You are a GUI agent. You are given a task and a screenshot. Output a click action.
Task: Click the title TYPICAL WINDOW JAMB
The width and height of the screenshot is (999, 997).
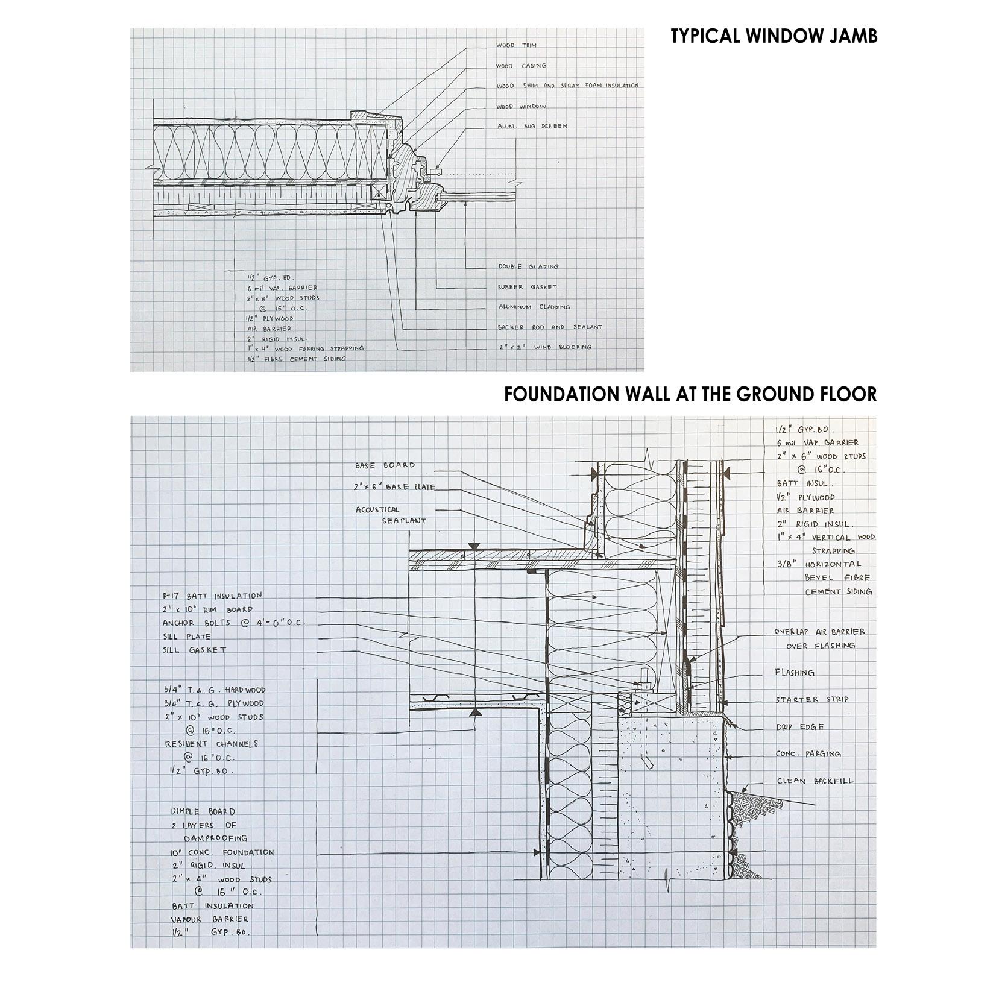(x=774, y=36)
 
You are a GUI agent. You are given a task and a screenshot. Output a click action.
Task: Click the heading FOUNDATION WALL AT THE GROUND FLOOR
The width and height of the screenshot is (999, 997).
(x=690, y=394)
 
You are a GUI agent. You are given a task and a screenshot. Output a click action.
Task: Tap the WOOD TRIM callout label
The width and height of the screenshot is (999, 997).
(x=516, y=45)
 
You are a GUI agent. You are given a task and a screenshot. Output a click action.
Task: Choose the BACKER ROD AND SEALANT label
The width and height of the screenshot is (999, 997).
(x=549, y=327)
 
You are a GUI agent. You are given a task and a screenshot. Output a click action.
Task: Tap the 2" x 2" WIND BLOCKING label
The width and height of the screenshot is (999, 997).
(x=544, y=347)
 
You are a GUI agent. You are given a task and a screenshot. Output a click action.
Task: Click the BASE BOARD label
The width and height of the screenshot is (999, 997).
(x=385, y=465)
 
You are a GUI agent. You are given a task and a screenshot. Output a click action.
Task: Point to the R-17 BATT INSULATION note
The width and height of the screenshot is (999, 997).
(x=212, y=596)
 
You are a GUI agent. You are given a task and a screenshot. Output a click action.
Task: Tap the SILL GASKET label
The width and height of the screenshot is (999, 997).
(x=195, y=650)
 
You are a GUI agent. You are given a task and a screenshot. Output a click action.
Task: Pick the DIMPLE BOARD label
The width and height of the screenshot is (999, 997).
(x=203, y=811)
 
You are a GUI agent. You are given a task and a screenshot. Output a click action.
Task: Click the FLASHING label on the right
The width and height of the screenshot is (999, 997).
(x=795, y=673)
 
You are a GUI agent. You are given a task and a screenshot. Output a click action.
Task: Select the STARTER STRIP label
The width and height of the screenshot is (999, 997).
(x=812, y=700)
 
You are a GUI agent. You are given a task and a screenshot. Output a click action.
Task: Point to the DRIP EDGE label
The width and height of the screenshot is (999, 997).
(x=799, y=727)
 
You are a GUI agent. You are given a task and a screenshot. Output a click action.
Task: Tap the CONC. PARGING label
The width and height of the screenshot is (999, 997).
(x=808, y=754)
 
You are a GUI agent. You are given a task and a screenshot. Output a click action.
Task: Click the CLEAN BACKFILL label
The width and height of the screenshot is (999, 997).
(x=815, y=781)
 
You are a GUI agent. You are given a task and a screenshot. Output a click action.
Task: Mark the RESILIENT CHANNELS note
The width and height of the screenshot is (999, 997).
(x=212, y=744)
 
